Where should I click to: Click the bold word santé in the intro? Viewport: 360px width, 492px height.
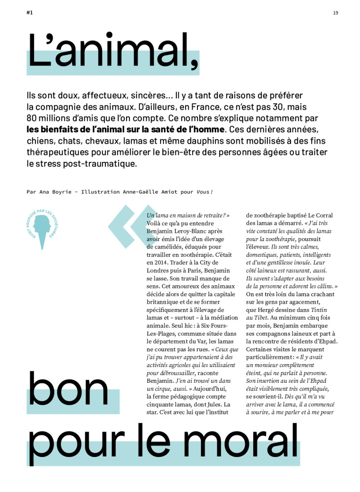[x=148, y=130]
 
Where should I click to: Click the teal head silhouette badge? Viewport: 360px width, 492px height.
[x=42, y=227]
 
